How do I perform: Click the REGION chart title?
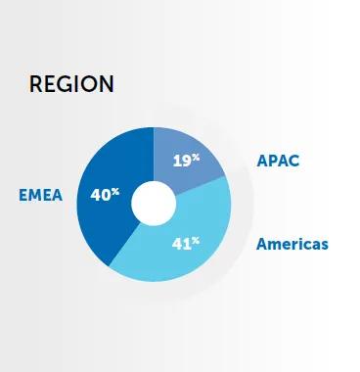(x=71, y=84)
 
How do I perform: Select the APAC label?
(x=279, y=160)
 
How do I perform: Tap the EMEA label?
(x=40, y=195)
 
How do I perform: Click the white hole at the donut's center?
(x=154, y=202)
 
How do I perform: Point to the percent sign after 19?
(x=196, y=156)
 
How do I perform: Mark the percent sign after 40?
(x=115, y=191)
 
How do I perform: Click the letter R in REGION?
(x=37, y=84)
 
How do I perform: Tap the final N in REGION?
(x=106, y=84)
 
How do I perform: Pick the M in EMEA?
(x=35, y=195)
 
